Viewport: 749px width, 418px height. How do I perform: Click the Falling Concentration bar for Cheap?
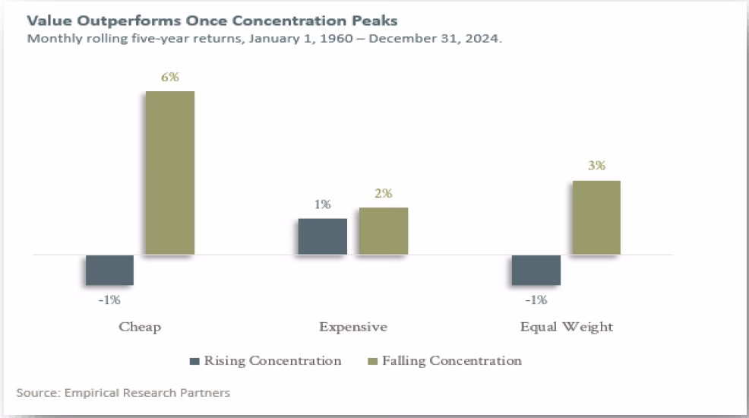pos(170,173)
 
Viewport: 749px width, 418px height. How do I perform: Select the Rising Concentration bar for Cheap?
pos(109,270)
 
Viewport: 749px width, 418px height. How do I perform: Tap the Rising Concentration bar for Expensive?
pos(322,236)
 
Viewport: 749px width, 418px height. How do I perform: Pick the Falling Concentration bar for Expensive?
pos(383,231)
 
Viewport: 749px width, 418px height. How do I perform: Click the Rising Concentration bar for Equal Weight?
pos(536,270)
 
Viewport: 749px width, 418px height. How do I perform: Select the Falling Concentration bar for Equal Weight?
pos(596,217)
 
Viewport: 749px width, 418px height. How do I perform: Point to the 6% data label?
pos(170,78)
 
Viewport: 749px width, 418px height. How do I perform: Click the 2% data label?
pos(383,194)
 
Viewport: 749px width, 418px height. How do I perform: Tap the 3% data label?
pos(596,166)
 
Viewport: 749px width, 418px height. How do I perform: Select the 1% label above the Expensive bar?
pos(322,204)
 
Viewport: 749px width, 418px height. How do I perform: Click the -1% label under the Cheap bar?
pos(109,300)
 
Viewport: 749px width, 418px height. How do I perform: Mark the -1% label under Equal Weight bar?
pos(536,300)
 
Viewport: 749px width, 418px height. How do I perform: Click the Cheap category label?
pos(140,327)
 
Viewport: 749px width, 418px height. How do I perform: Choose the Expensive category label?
pos(352,327)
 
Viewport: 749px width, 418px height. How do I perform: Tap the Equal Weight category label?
pos(566,327)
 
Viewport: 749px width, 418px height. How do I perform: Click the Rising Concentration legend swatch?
pos(194,361)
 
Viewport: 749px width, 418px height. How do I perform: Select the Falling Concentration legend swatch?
pos(372,361)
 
